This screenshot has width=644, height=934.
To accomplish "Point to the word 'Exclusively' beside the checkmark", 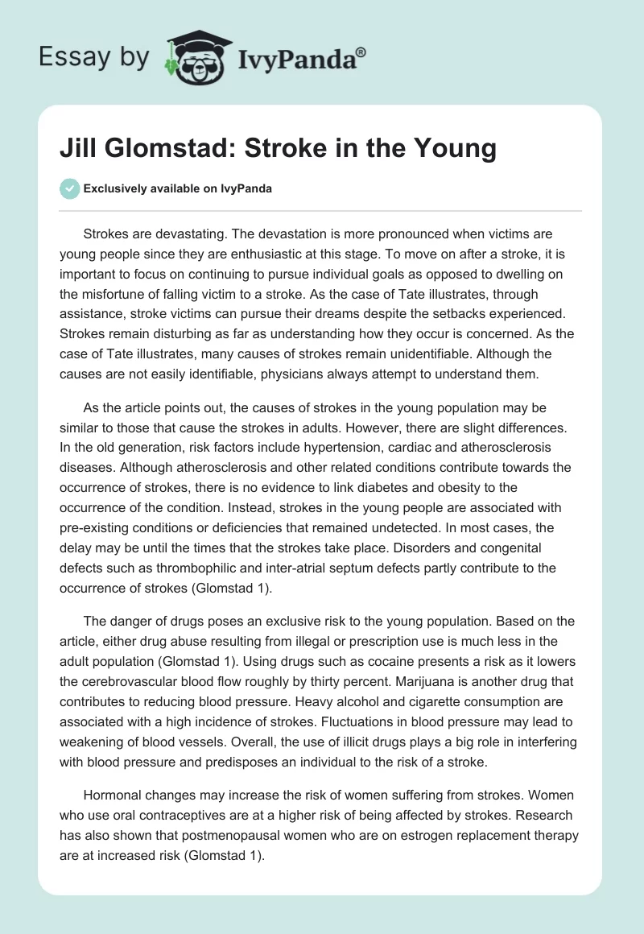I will (x=113, y=188).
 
